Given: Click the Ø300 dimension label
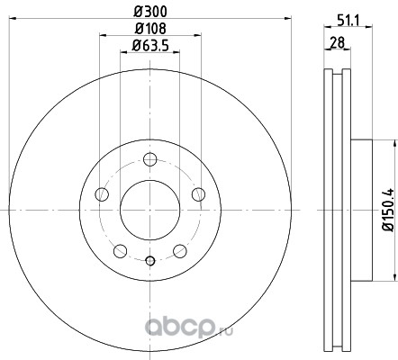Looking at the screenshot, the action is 150,12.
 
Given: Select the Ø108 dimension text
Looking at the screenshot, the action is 150,29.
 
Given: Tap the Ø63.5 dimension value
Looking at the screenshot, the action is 150,46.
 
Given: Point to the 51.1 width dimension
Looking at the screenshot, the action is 348,21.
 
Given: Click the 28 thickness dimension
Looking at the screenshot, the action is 338,42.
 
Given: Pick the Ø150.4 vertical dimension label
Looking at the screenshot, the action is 389,210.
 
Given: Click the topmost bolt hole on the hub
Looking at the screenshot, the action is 150,159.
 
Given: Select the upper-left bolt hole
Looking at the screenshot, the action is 102,194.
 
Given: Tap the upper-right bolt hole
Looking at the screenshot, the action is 198,194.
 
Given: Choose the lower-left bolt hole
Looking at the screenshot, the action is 120,251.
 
